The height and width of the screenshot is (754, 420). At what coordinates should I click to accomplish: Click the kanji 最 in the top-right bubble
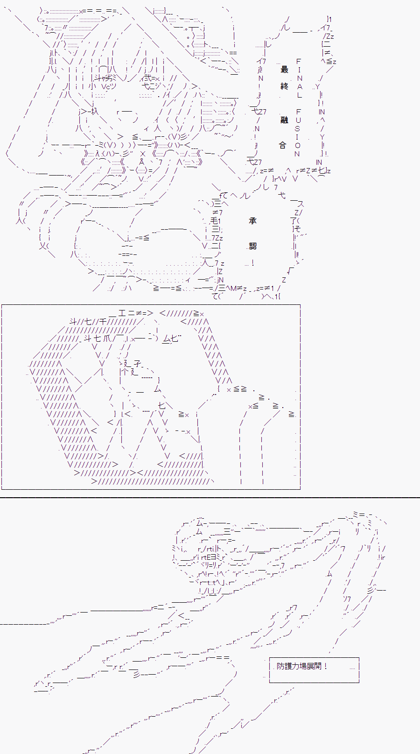[284, 70]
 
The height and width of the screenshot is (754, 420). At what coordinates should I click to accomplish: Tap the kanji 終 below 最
[284, 86]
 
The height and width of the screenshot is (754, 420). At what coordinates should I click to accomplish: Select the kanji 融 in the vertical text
[284, 120]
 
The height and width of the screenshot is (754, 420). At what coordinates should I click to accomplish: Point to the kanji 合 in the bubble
[282, 145]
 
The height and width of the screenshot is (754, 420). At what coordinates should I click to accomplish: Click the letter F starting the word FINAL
[299, 61]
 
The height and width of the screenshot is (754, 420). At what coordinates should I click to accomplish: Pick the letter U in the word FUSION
[298, 120]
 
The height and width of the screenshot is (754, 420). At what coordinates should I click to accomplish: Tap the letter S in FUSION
[297, 128]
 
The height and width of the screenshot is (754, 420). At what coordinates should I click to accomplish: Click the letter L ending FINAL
[300, 95]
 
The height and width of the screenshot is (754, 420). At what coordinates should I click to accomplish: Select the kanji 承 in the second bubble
[253, 221]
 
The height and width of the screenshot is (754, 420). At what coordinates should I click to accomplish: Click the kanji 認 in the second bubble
[253, 246]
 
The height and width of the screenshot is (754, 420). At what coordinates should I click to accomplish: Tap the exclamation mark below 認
[252, 263]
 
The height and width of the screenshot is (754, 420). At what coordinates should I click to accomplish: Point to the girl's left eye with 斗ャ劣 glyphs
[104, 78]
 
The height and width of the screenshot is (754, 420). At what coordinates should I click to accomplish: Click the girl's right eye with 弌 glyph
[152, 78]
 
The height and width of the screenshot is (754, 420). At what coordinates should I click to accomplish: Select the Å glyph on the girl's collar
[142, 162]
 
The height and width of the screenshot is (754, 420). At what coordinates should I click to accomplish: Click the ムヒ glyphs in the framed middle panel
[170, 339]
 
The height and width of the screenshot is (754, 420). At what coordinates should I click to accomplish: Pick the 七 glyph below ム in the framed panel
[161, 405]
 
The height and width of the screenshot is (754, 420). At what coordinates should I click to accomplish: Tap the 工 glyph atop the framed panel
[122, 314]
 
